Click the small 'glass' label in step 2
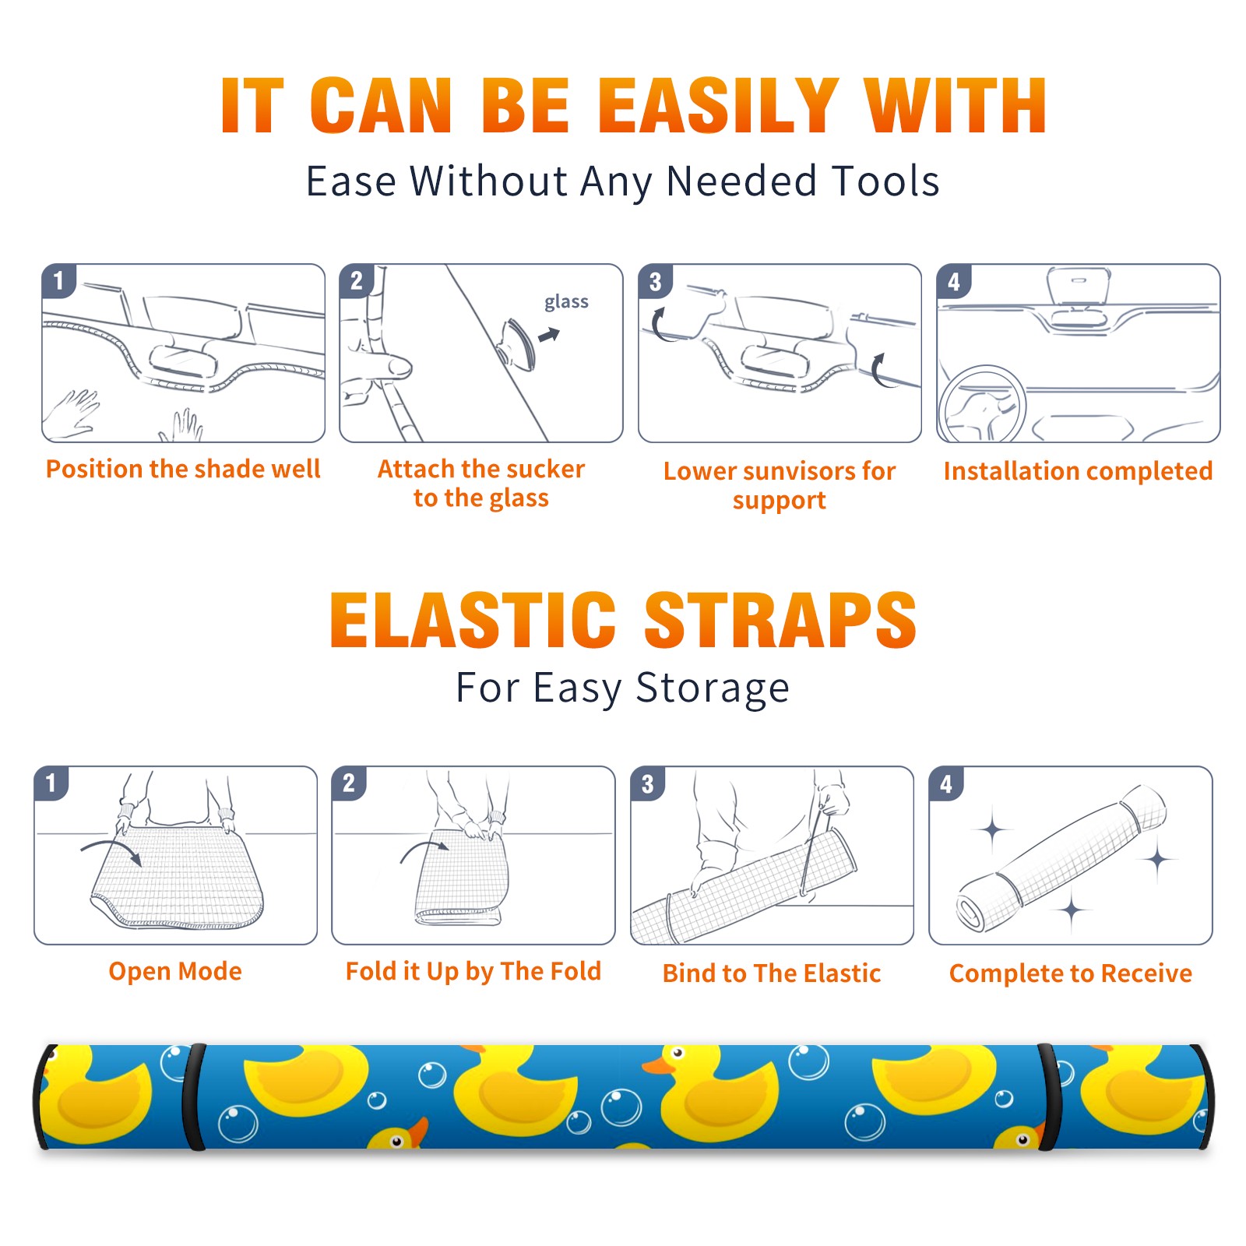(566, 301)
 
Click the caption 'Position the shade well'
(183, 469)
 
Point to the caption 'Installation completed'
(1078, 470)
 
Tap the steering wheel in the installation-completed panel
(982, 405)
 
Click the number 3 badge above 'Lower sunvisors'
(655, 281)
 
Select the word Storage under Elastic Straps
(713, 688)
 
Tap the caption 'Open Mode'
(175, 971)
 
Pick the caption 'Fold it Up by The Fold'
(473, 971)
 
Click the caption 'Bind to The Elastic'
(772, 973)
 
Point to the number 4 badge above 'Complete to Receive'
(946, 783)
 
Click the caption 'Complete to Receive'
(1071, 973)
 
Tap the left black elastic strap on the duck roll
(193, 1096)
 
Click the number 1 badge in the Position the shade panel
(58, 280)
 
